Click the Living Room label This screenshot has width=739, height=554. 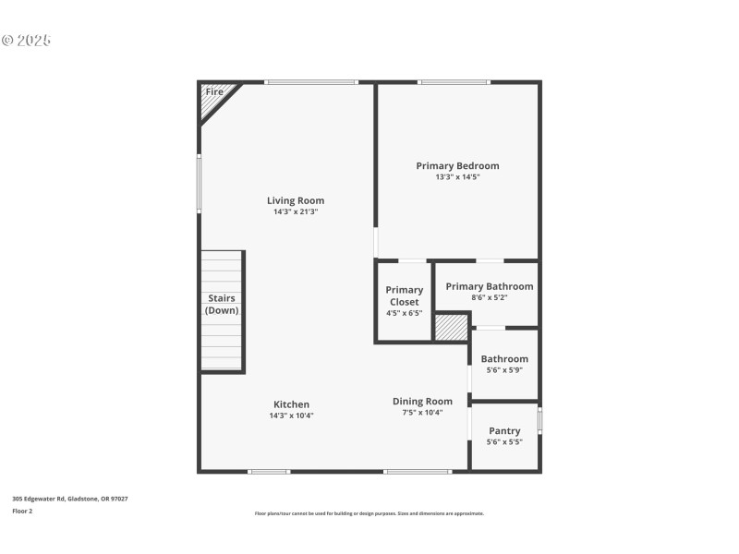(296, 200)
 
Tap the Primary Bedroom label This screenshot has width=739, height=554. (457, 166)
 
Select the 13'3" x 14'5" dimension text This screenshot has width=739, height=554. (457, 177)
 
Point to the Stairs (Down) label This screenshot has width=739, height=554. (222, 305)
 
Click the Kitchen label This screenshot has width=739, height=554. (291, 404)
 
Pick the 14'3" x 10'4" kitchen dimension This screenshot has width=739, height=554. (291, 415)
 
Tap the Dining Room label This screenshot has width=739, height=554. (422, 401)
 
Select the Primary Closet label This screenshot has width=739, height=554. (405, 295)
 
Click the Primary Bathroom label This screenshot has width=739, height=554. (489, 286)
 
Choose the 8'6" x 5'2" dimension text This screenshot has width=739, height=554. (489, 297)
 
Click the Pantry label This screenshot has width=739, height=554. (504, 431)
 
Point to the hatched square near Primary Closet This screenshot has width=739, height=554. (452, 328)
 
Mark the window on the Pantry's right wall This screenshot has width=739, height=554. (540, 421)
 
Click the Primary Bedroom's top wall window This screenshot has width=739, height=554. (454, 82)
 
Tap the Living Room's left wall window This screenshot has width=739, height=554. (199, 183)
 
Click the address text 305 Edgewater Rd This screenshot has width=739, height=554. (70, 499)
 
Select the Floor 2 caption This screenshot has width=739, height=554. (22, 511)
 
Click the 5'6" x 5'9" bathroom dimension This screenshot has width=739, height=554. (504, 369)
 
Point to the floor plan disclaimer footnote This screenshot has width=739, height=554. (369, 513)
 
